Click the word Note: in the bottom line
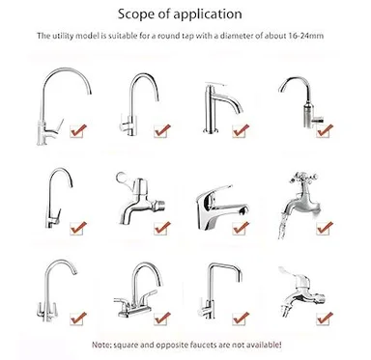pyautogui.click(x=101, y=345)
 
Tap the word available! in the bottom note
pyautogui.click(x=264, y=345)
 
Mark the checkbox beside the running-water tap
pyautogui.click(x=324, y=229)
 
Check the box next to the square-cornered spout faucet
pyautogui.click(x=241, y=318)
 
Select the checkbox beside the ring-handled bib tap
pyautogui.click(x=161, y=229)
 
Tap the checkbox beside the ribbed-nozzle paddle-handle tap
pyautogui.click(x=325, y=318)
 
